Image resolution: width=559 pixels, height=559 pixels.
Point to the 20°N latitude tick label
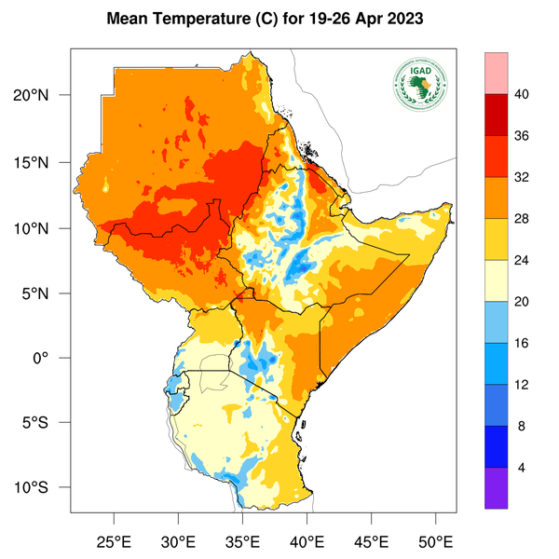point(43,96)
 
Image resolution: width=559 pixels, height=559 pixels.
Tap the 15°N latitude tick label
point(43,162)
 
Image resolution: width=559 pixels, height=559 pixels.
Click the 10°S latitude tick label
point(43,488)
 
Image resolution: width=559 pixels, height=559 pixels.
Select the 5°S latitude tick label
point(47,423)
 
